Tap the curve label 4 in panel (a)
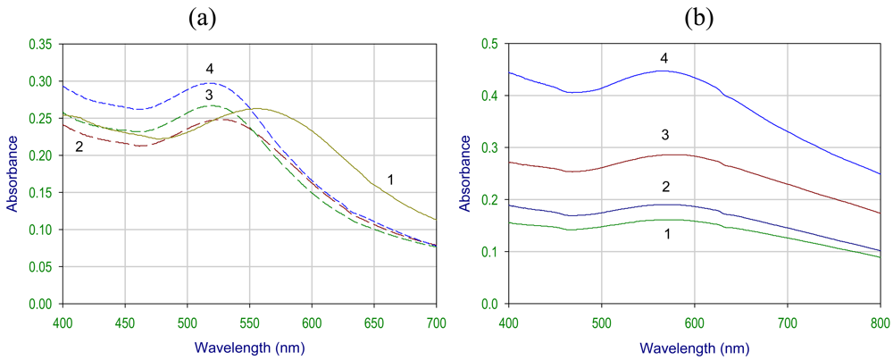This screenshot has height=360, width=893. coord(209,69)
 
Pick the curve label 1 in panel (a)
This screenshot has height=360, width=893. coord(390,180)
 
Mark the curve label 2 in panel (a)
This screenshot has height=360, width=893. coord(79,146)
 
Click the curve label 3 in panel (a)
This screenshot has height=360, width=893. coord(209,95)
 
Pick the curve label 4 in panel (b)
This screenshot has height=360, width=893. coord(664,59)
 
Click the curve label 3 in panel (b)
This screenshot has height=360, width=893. coord(664,135)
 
